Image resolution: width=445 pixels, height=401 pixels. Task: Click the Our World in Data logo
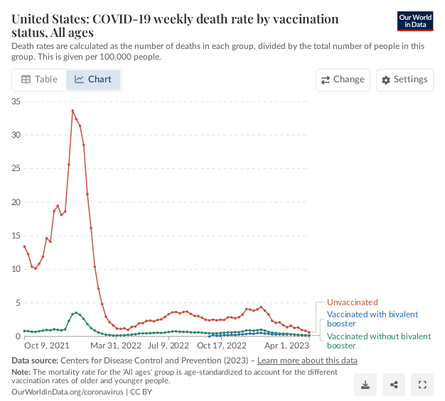[415, 21]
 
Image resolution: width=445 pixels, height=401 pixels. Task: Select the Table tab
[39, 79]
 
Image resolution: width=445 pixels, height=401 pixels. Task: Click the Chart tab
[93, 79]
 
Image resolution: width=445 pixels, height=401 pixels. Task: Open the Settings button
[404, 79]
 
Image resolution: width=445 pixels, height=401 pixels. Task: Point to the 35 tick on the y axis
[16, 101]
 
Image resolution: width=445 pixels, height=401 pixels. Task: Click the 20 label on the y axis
[16, 202]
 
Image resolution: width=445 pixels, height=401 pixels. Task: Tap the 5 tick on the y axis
[18, 302]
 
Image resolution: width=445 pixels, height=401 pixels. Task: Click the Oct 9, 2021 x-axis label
[47, 346]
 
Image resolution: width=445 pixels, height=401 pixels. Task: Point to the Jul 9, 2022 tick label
[168, 346]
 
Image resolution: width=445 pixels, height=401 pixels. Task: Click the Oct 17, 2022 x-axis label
[220, 346]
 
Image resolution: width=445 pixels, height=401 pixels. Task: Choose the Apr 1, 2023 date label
[288, 346]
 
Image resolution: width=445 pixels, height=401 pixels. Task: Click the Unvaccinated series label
[353, 302]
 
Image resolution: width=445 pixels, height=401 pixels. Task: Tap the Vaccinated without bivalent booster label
[378, 341]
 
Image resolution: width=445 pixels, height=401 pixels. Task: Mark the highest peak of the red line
[73, 111]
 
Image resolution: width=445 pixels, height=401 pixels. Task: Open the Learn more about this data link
[307, 361]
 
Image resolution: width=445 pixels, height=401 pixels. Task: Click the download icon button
[365, 385]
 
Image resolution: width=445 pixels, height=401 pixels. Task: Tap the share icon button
[394, 385]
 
